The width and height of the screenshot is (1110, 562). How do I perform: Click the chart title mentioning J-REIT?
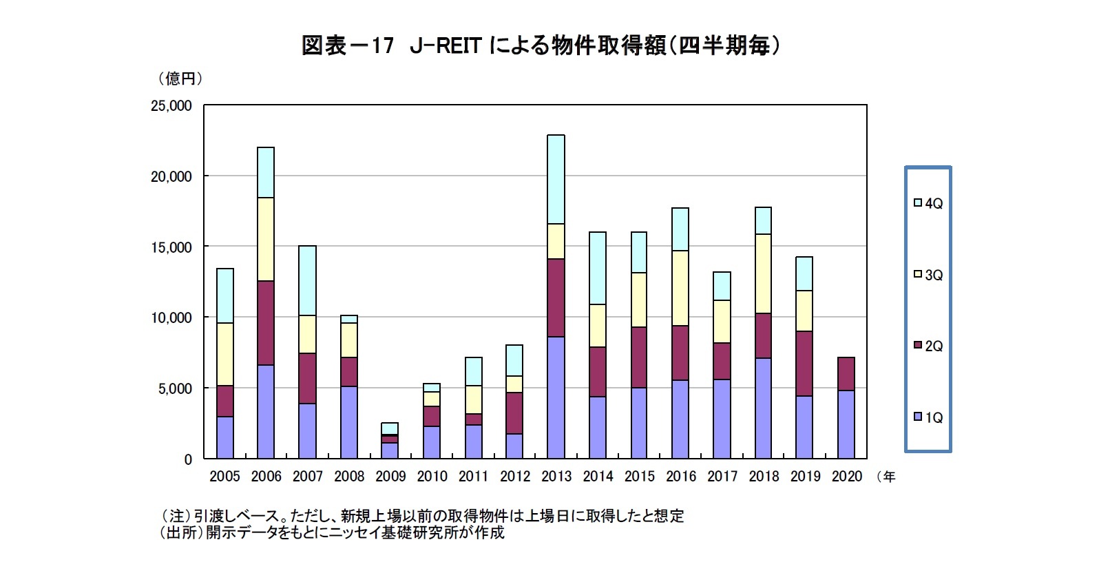pos(542,45)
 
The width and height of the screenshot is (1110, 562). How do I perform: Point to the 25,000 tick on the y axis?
pos(171,106)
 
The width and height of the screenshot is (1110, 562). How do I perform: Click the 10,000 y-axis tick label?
pos(171,318)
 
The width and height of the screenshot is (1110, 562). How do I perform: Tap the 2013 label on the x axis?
pos(556,477)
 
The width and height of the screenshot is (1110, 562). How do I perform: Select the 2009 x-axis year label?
pos(390,477)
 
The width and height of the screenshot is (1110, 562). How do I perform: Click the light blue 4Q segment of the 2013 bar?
pos(556,179)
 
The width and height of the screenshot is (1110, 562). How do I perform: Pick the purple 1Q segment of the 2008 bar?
pos(349,422)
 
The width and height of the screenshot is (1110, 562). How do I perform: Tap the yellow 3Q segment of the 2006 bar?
pos(266,239)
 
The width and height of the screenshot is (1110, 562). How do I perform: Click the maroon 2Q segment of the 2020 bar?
pos(846,374)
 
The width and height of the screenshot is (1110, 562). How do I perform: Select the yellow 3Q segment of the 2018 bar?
pos(763,273)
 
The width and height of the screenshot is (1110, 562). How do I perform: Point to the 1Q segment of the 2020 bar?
pos(846,424)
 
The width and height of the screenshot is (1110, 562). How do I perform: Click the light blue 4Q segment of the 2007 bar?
pos(307,280)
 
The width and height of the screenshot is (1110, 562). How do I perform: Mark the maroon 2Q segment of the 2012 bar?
pos(514,413)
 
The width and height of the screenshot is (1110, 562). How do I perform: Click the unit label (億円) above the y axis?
pos(181,79)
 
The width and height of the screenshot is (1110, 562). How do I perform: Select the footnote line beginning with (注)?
pos(421,516)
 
